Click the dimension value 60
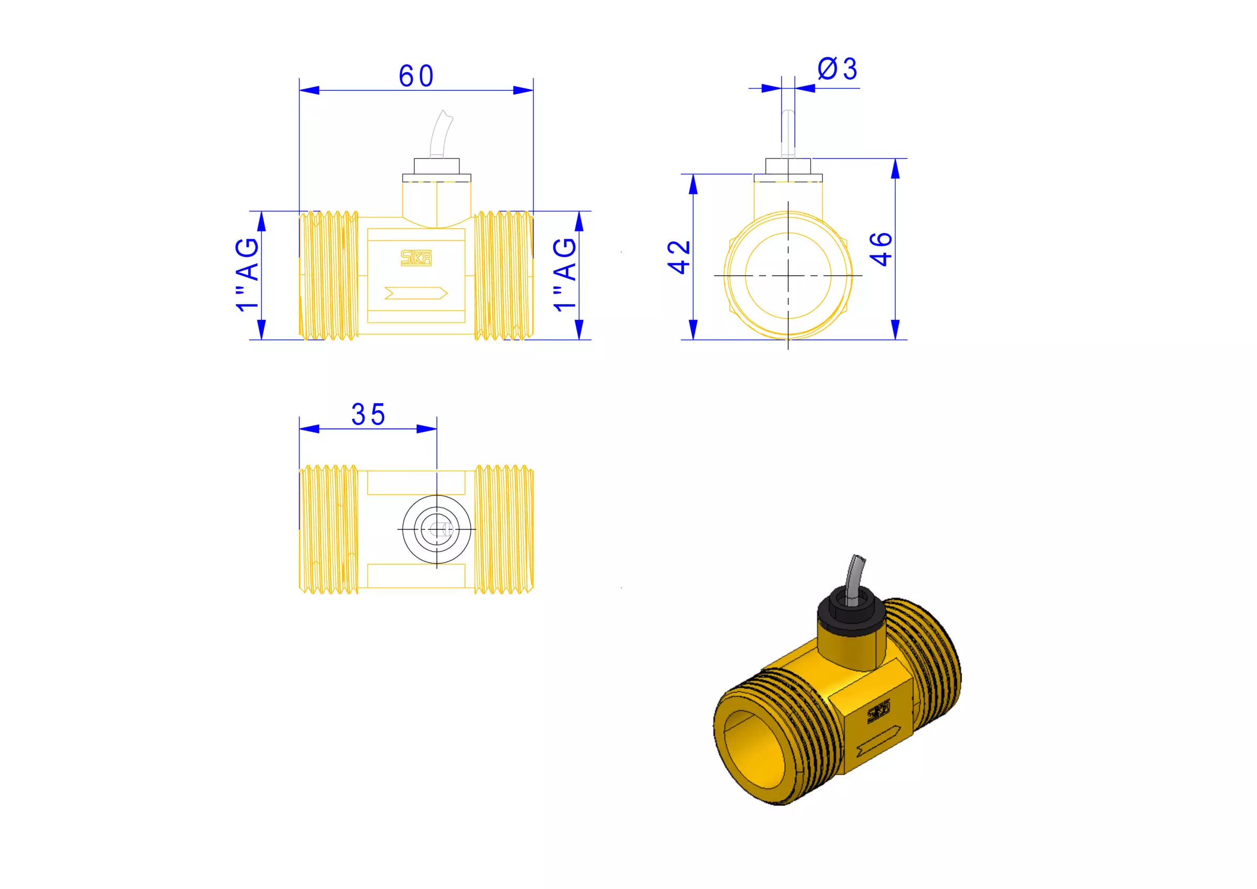pos(416,76)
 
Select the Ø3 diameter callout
pos(837,69)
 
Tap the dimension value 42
pos(679,257)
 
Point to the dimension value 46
pos(881,249)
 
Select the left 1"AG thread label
pos(247,274)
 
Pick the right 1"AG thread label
pos(565,274)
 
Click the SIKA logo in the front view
pos(416,258)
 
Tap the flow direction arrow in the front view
pos(416,293)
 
